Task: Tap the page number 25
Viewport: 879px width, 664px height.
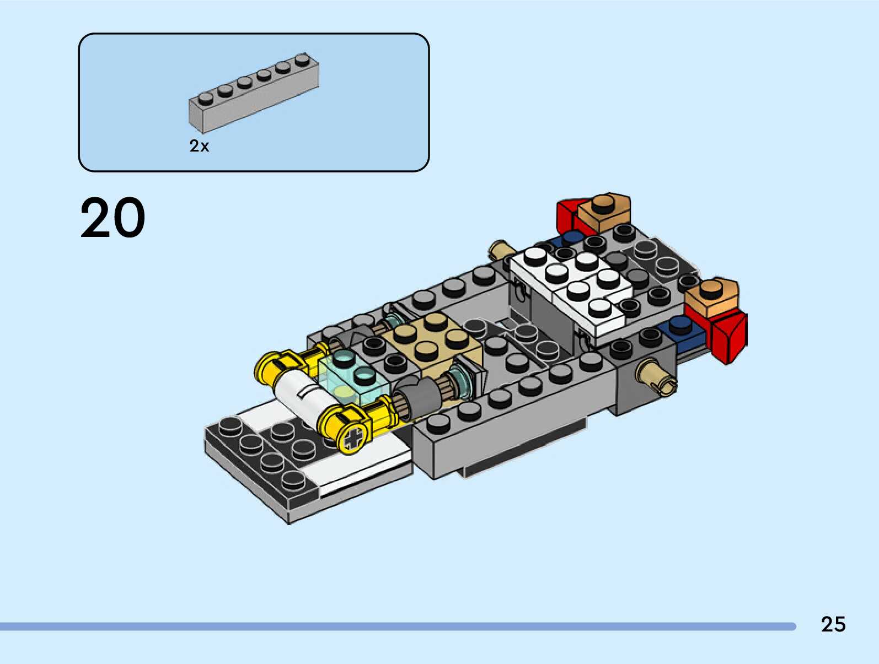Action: coord(833,624)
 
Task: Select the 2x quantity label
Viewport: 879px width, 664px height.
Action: coord(199,146)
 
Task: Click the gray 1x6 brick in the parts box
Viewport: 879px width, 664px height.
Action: coord(254,93)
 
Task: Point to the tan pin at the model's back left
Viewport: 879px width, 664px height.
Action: coord(501,250)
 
